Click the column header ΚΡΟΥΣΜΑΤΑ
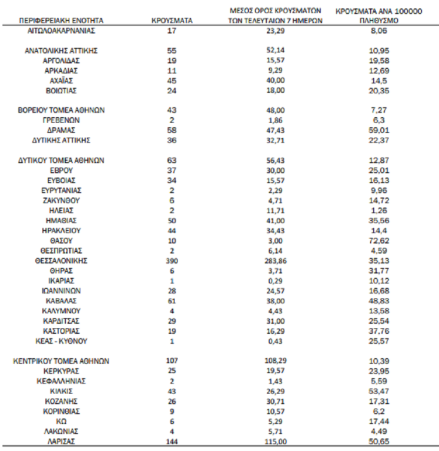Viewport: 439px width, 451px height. pyautogui.click(x=172, y=19)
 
